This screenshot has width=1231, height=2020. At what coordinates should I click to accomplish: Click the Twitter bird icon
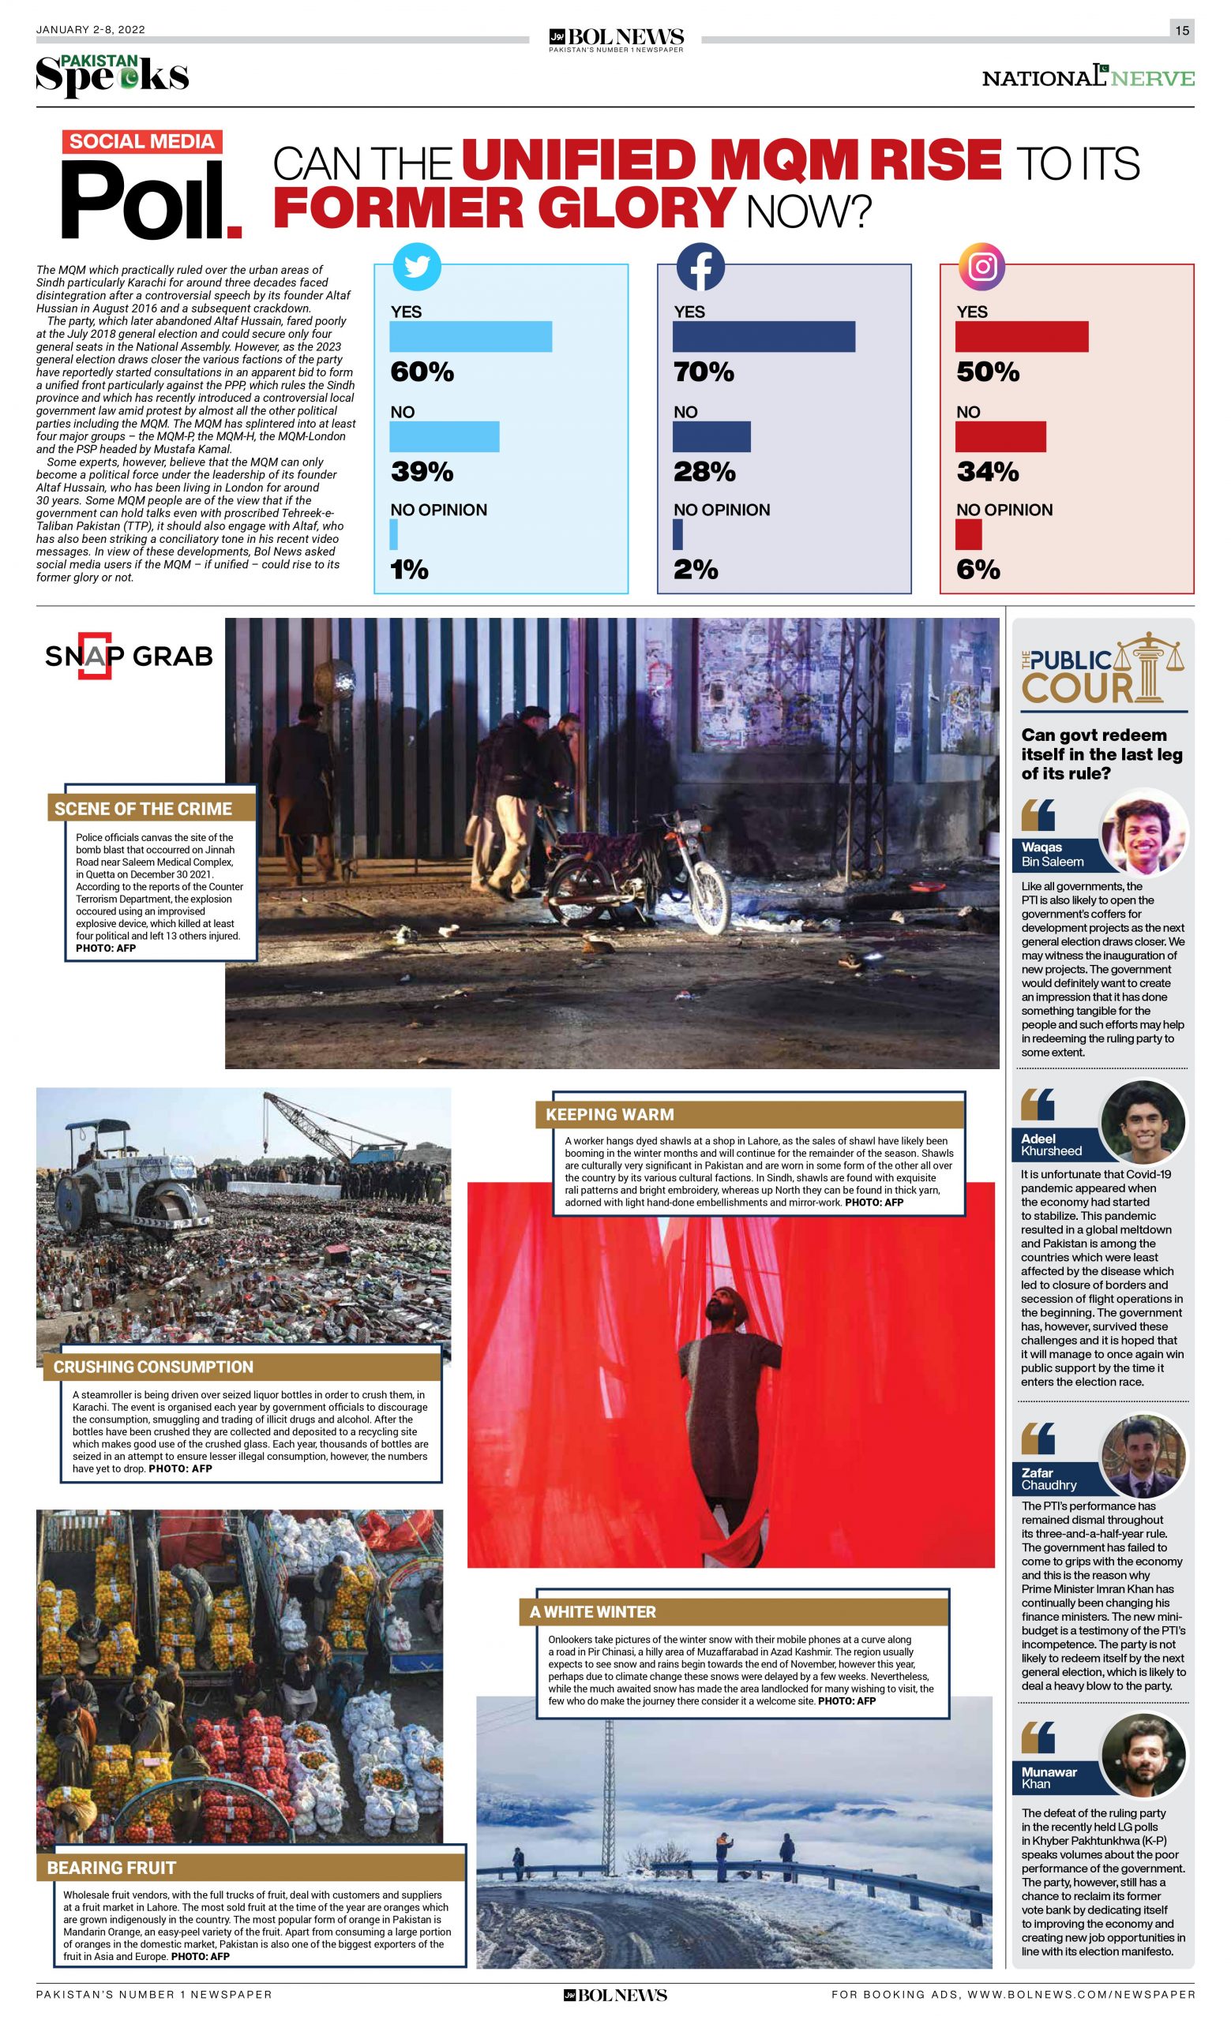[x=417, y=267]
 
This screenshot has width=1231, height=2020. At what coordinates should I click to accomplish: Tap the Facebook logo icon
[x=700, y=267]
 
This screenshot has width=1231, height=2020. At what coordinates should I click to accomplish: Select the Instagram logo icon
[x=982, y=267]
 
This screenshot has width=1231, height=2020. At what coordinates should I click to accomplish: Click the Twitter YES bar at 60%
[x=470, y=337]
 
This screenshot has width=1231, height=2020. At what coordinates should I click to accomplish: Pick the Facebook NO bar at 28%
[x=711, y=437]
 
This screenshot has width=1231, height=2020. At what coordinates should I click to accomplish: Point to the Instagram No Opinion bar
[x=968, y=534]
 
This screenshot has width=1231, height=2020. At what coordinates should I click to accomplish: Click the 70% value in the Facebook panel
[x=704, y=372]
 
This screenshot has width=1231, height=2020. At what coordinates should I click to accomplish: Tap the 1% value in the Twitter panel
[x=409, y=570]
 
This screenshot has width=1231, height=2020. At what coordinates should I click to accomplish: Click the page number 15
[x=1181, y=30]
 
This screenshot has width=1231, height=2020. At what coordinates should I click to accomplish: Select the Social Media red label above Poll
[x=142, y=141]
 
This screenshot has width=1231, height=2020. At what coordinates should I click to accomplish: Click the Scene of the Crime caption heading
[x=144, y=808]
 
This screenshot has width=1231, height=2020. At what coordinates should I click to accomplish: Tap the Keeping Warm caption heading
[x=610, y=1115]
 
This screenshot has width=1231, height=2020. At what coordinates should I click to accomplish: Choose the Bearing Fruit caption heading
[x=111, y=1868]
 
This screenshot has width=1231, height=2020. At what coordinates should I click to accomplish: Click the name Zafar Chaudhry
[x=1049, y=1479]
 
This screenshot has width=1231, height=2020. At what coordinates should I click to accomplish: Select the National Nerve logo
[x=1087, y=77]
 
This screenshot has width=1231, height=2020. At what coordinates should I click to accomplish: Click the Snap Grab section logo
[x=129, y=656]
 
